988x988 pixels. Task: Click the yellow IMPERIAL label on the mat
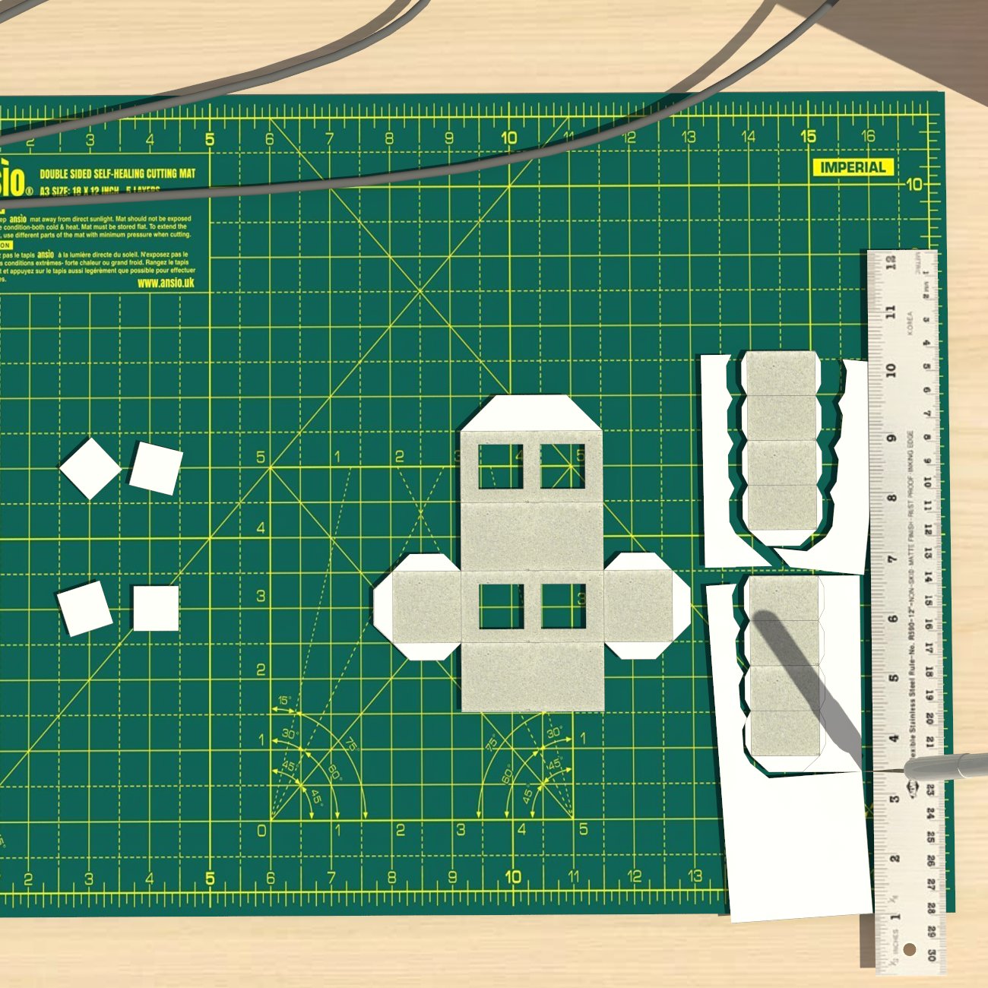(853, 167)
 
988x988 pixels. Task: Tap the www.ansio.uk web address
(166, 283)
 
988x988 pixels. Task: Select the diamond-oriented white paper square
(90, 468)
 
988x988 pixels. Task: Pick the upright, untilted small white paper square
(156, 608)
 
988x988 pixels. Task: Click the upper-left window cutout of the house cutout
(501, 466)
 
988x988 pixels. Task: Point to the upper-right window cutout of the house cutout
(562, 466)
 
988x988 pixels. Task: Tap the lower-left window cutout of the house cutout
(501, 606)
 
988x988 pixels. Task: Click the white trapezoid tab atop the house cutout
(531, 413)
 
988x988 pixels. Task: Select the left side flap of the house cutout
(418, 606)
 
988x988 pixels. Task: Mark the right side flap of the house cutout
(646, 606)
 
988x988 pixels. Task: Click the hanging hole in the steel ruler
(910, 951)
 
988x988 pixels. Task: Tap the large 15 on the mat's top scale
(808, 137)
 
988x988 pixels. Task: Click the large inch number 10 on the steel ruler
(891, 370)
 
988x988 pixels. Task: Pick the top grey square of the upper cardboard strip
(780, 373)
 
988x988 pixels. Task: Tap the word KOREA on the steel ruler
(909, 322)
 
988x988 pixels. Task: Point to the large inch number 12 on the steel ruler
(891, 262)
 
